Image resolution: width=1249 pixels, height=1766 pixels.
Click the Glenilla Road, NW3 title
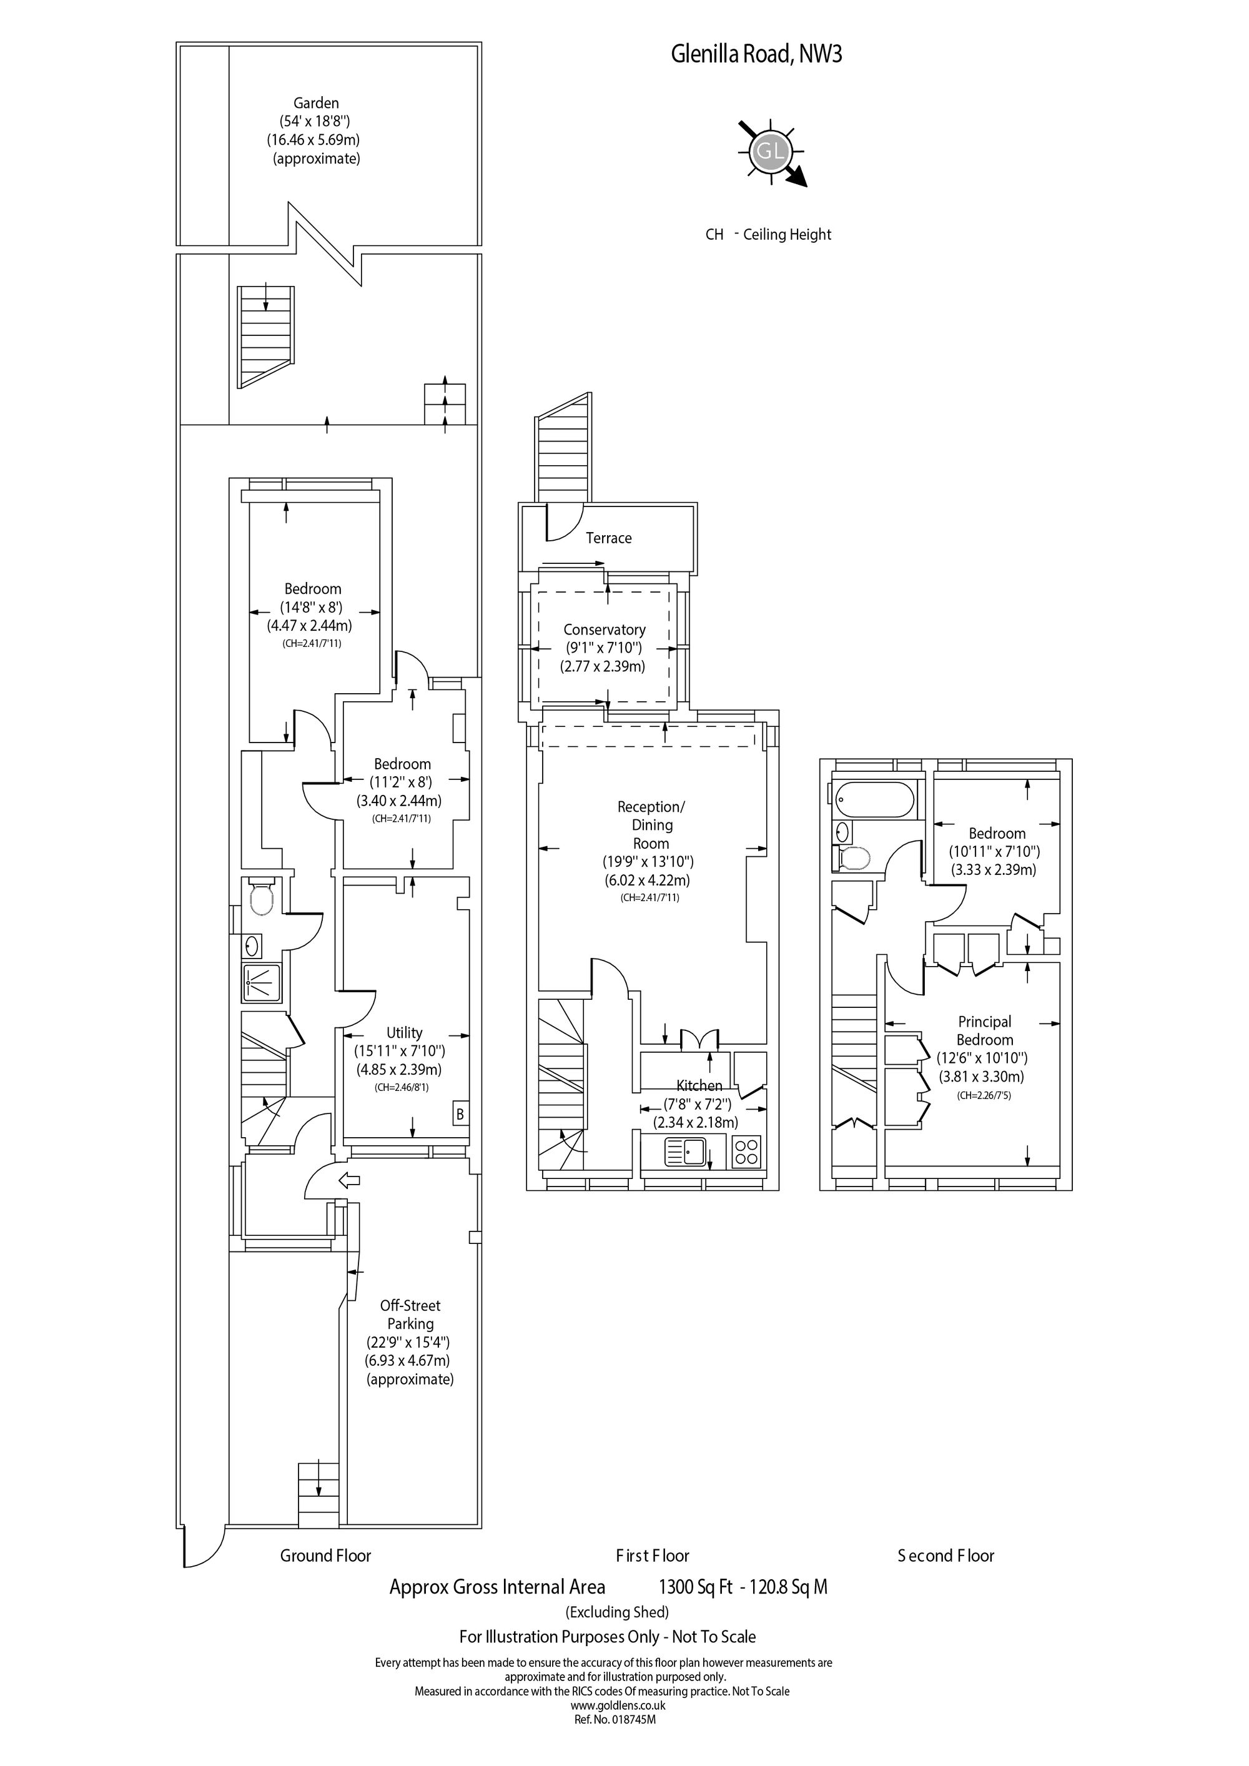pos(756,54)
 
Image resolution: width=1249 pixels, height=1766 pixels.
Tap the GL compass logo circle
pos(770,150)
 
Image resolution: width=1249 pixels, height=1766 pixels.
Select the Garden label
pos(316,103)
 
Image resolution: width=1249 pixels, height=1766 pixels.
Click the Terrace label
pos(608,538)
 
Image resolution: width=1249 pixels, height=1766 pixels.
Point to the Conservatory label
pos(605,629)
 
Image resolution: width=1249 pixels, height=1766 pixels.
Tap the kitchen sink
pos(686,1152)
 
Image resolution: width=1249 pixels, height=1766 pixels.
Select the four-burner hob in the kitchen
pos(747,1152)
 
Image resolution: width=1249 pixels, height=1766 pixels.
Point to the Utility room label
pos(405,1032)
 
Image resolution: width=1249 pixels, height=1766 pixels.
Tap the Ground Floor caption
pos(325,1556)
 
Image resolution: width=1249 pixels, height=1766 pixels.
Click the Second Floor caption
pos(946,1556)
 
